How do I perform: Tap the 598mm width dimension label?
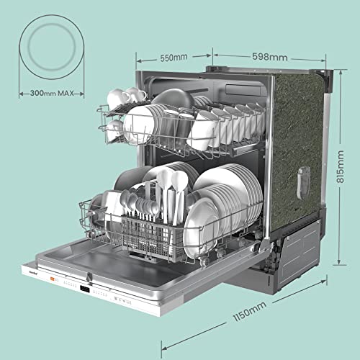point(270,57)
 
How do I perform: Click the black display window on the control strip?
point(85,289)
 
